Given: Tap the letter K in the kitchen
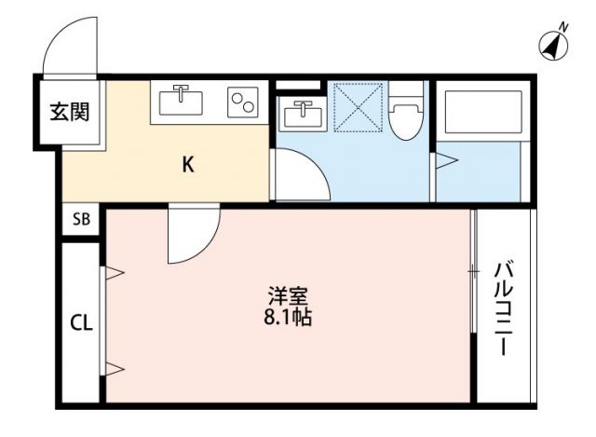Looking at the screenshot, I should [187, 165].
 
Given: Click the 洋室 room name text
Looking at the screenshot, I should [288, 297].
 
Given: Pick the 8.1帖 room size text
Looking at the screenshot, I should [288, 318].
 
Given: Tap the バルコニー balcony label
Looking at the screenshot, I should [503, 307].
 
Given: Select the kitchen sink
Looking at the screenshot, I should [183, 101].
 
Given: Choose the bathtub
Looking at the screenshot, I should [483, 110].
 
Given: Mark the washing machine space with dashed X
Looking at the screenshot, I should [359, 106].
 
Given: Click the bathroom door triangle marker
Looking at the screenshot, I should [446, 162].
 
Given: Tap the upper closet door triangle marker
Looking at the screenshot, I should [114, 273].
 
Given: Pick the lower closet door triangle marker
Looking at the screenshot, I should [114, 369].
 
